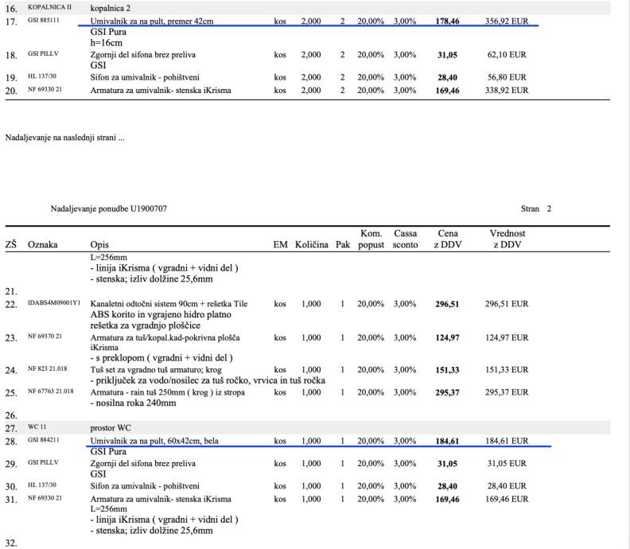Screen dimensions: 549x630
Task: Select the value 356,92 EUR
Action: (507, 21)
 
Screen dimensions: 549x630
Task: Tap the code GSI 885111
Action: (45, 21)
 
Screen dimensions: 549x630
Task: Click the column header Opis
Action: (100, 244)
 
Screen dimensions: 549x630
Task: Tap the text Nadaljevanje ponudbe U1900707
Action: (108, 208)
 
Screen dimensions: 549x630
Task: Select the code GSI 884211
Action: (45, 439)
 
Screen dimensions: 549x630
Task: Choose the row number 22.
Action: (10, 304)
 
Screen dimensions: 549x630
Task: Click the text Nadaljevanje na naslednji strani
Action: (64, 138)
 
